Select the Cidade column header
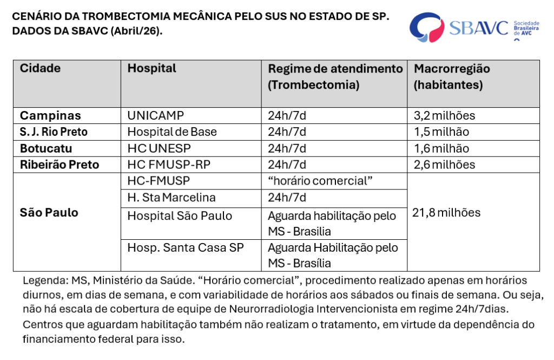pos(41,69)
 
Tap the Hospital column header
pos(152,69)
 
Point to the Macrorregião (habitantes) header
pos(452,76)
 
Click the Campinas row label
pos(50,115)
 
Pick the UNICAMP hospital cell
pos(156,115)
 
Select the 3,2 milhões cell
pos(444,115)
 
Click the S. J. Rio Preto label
pos(54,132)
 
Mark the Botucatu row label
pos(46,148)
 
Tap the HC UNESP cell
pos(159,148)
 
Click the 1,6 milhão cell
pos(441,148)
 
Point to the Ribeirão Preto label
pos(60,165)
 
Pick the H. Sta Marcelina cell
pos(172,198)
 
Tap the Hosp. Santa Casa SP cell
pos(186,247)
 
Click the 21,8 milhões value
pos(446,213)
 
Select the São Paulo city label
pos(49,213)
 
